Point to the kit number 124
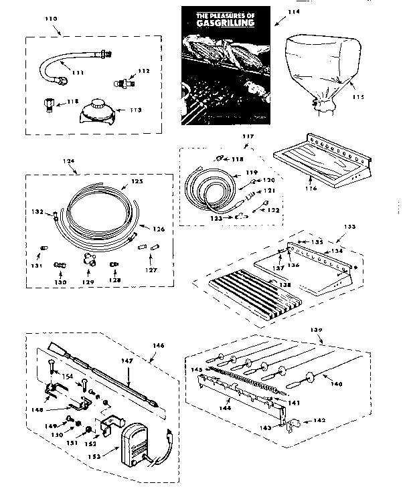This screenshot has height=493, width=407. [68, 163]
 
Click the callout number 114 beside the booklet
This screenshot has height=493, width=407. [293, 11]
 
